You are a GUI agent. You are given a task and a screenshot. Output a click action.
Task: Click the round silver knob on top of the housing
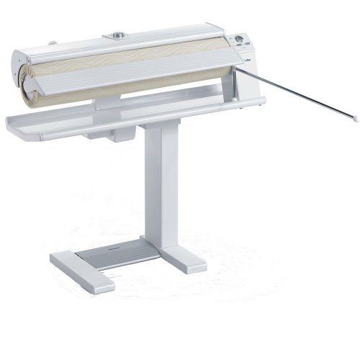116,34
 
